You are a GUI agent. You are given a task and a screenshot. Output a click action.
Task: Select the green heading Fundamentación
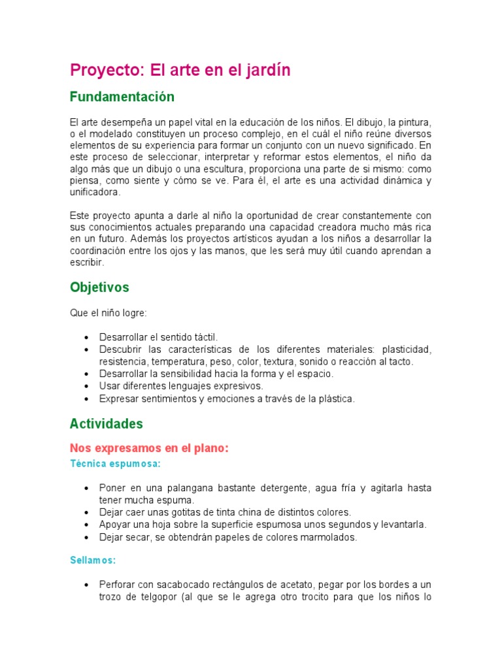(x=122, y=97)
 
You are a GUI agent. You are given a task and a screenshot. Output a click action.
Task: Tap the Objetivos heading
(x=99, y=287)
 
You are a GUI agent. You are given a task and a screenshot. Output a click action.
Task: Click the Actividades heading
(x=106, y=423)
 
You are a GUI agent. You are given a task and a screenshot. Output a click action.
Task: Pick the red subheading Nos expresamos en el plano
(x=148, y=448)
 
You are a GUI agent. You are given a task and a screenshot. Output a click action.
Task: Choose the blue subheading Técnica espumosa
(x=115, y=463)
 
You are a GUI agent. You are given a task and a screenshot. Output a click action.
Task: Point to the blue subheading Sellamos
(x=93, y=560)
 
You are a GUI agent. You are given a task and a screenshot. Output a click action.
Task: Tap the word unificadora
(x=95, y=192)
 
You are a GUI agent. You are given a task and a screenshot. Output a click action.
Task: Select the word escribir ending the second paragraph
(x=87, y=263)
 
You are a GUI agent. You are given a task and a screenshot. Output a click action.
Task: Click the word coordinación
(x=101, y=251)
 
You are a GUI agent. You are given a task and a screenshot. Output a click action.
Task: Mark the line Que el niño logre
(x=109, y=312)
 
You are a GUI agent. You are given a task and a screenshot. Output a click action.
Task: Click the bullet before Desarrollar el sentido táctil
(x=87, y=337)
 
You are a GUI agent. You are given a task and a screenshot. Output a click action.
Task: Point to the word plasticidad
(x=407, y=349)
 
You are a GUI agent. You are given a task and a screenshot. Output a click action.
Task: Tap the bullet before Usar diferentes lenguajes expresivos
(x=87, y=386)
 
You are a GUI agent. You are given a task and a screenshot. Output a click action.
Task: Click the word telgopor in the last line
(x=159, y=596)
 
